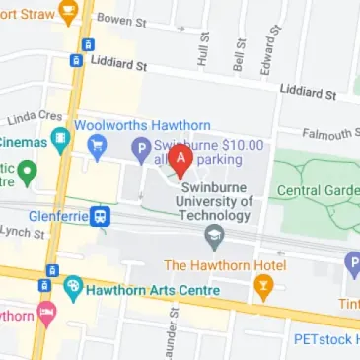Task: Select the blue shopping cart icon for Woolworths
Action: [x=98, y=149]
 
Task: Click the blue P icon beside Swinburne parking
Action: [x=142, y=150]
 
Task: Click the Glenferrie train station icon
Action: [x=101, y=216]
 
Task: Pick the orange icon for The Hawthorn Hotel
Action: [x=263, y=287]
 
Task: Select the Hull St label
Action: [x=204, y=48]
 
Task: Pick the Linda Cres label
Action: [x=28, y=120]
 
